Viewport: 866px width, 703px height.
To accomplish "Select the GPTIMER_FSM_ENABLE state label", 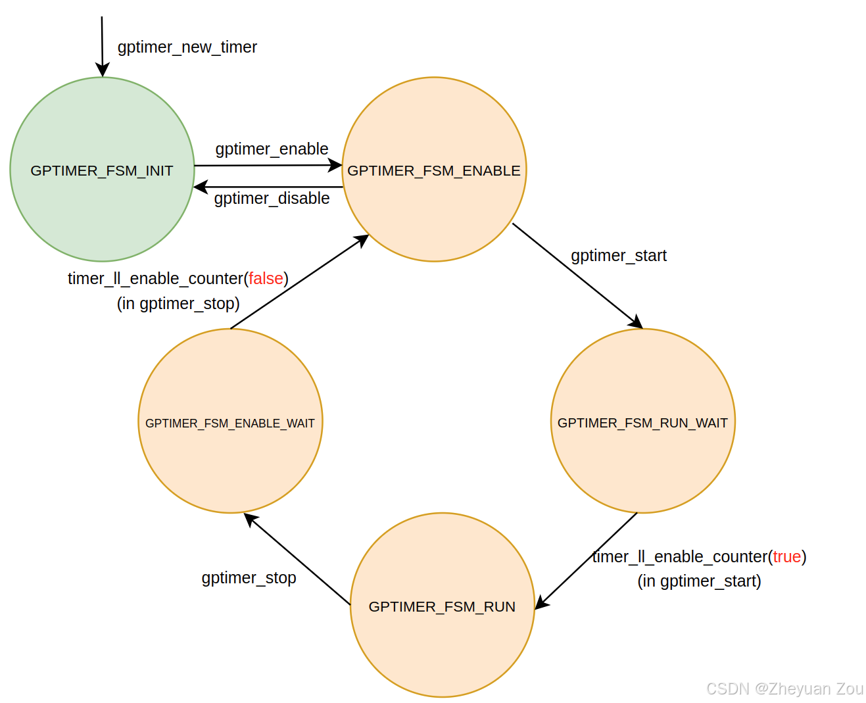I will point(433,171).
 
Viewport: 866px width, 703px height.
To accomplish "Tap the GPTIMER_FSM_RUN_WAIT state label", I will point(642,423).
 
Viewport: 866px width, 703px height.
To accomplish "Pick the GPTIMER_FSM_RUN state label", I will point(442,606).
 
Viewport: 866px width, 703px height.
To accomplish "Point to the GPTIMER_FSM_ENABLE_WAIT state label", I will point(230,424).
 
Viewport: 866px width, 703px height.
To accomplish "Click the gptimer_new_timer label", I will point(187,47).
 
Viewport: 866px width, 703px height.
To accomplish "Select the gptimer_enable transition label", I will point(272,149).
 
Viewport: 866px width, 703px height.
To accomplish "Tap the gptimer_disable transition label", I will point(272,199).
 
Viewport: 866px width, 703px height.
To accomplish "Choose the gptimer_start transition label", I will point(618,255).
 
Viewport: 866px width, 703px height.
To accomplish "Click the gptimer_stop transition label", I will point(249,578).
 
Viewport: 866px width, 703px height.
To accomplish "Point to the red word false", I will point(266,279).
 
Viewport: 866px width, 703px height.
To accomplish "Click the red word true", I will point(786,557).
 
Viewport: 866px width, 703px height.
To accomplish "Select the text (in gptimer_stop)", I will point(178,304).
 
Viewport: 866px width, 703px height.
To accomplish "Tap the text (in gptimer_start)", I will point(699,581).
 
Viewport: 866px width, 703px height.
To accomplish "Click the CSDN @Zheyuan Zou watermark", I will point(784,689).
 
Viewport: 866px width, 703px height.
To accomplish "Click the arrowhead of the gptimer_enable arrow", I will point(335,165).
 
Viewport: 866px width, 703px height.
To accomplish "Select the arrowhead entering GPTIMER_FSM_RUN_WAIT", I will point(636,323).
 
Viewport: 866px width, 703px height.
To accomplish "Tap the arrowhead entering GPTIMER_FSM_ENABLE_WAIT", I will point(251,520).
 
